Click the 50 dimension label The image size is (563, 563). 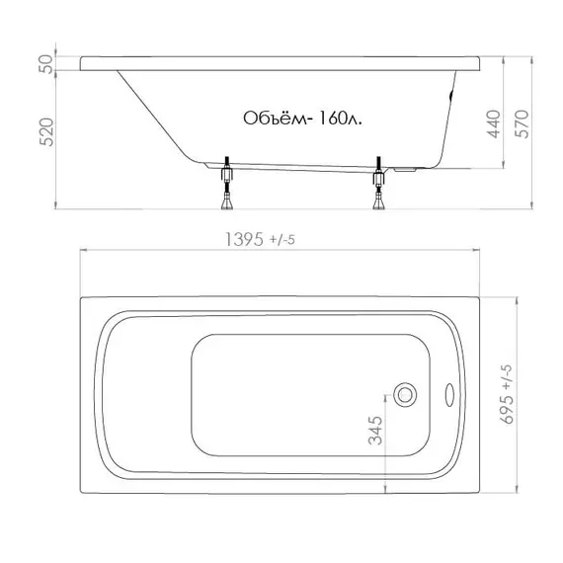[x=45, y=64]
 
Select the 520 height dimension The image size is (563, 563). [x=46, y=132]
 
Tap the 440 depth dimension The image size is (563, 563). [x=494, y=123]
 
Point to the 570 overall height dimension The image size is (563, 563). [x=522, y=123]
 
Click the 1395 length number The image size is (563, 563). [x=244, y=239]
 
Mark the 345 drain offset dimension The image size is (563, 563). [x=375, y=431]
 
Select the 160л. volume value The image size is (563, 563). [x=341, y=119]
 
